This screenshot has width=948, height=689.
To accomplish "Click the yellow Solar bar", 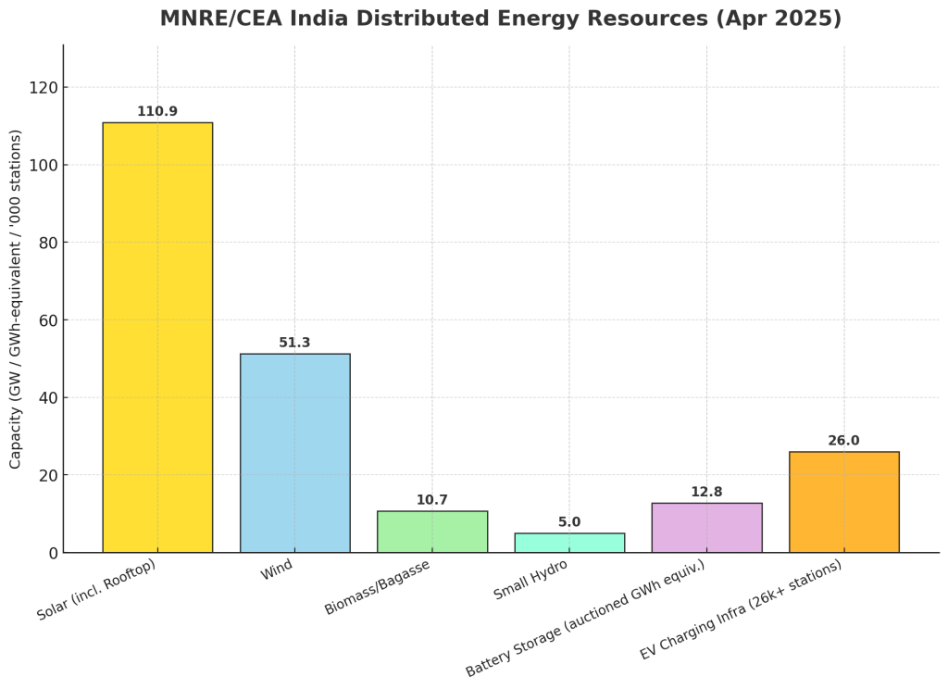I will tap(157, 337).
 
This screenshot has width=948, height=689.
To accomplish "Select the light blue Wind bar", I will tap(294, 453).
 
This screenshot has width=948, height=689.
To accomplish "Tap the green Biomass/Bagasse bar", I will tap(432, 532).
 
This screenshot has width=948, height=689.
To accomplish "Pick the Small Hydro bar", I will tap(569, 543).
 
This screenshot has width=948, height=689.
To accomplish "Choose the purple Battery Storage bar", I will tap(706, 528).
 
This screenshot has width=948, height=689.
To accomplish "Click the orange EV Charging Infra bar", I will tap(843, 502).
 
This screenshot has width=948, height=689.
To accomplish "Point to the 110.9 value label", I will tap(157, 112).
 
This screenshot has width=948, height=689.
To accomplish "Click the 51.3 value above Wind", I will tap(294, 344).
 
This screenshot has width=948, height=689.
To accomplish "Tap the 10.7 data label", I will tap(432, 500).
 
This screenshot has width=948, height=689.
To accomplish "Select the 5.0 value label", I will tap(569, 522).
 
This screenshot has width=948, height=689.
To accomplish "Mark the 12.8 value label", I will tap(706, 493).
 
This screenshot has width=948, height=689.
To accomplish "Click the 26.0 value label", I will tap(843, 441).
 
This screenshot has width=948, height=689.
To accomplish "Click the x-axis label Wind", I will tap(277, 570).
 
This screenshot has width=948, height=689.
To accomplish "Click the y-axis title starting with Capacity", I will tap(16, 298).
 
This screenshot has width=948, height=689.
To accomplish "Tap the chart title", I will tap(501, 19).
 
